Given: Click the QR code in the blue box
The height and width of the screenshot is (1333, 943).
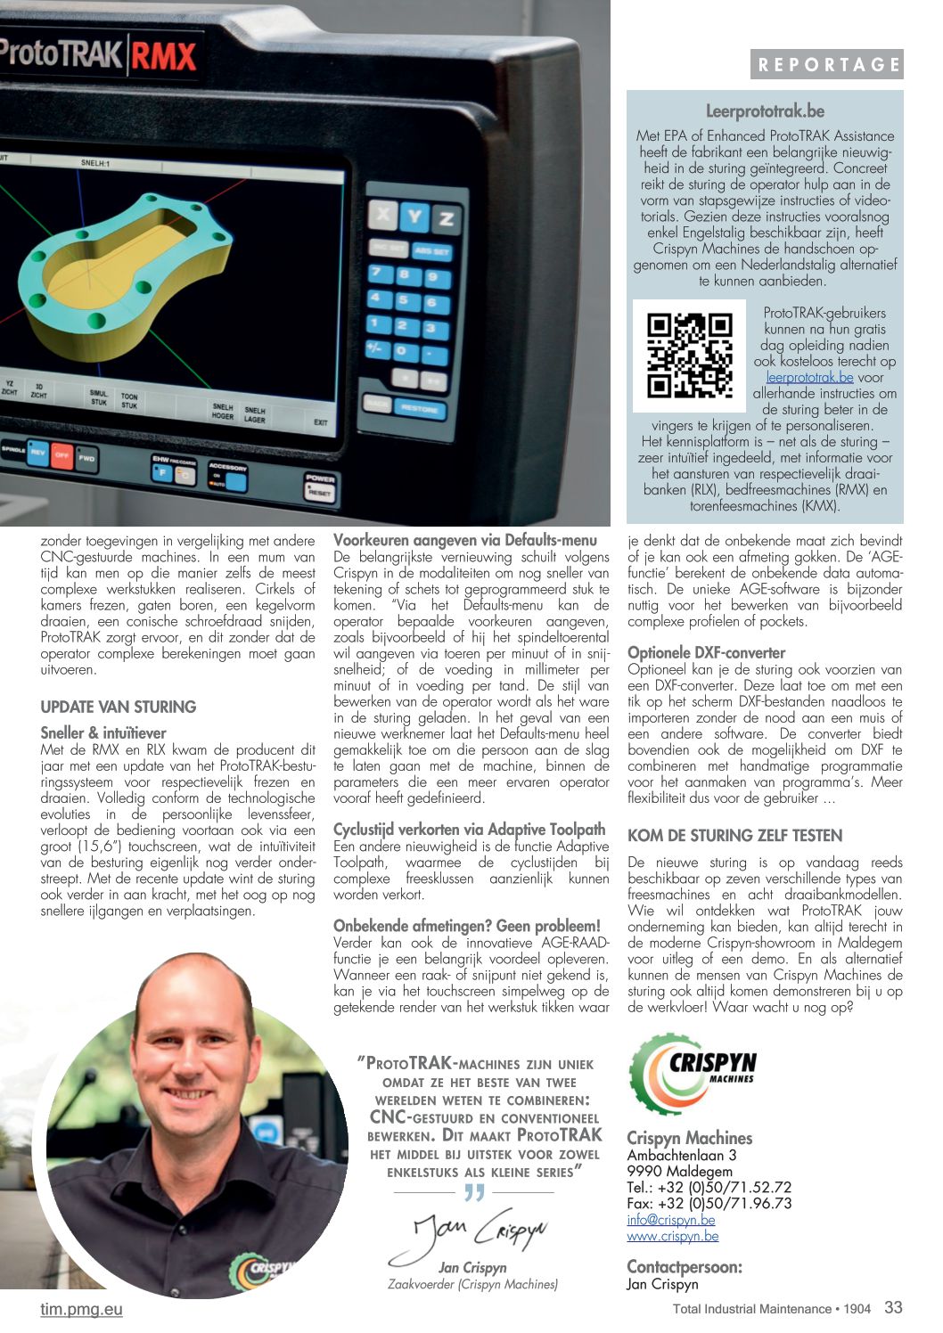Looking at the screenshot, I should (x=689, y=355).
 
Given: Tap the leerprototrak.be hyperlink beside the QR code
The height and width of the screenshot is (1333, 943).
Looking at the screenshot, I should (x=809, y=377).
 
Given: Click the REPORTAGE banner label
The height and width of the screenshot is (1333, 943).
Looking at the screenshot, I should (x=827, y=64).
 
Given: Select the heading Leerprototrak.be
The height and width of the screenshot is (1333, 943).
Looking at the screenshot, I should (x=765, y=111).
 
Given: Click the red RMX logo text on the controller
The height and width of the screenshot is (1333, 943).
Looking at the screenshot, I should (x=163, y=57).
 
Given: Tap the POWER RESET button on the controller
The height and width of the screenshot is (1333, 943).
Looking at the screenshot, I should (x=320, y=486).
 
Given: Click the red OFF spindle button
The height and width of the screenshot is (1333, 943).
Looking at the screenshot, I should (x=61, y=454).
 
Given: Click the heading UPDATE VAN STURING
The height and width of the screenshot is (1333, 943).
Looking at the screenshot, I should (x=119, y=707).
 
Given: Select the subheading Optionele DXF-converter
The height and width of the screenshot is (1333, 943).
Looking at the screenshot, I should (x=706, y=652).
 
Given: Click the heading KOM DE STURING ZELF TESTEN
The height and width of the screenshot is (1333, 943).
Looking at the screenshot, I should (x=734, y=835).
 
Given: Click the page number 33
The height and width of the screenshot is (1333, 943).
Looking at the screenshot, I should (x=893, y=1307).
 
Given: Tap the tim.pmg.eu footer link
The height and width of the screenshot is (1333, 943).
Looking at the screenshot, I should (x=81, y=1309).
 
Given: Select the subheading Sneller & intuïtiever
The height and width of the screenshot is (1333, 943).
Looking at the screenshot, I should (x=103, y=732).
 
